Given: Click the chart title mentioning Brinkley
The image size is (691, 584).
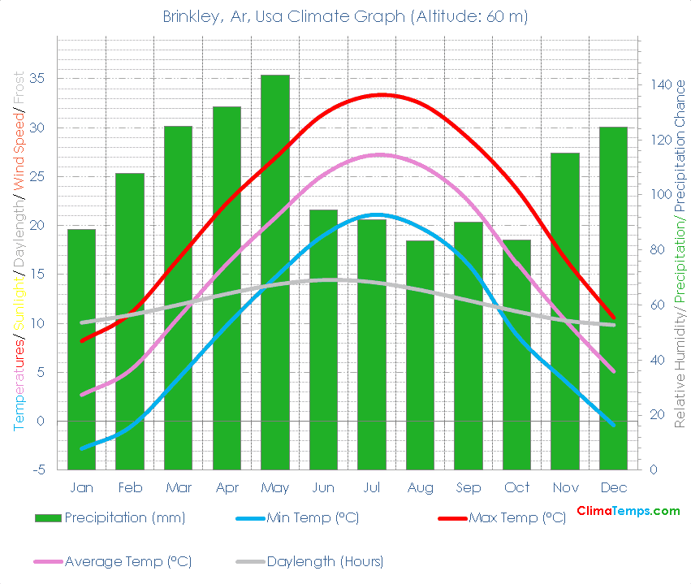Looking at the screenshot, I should click(345, 17).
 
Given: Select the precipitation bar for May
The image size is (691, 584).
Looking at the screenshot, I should click(274, 272).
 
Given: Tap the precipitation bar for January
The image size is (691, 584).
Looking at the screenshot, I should click(81, 349).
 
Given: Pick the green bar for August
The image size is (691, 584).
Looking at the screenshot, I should click(420, 355).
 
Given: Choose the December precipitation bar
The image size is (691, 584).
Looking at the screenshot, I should click(613, 298).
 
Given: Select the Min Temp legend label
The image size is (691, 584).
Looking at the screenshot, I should click(312, 517).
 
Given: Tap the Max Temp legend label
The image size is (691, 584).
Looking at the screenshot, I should click(516, 517).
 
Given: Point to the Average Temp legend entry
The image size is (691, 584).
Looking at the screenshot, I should click(127, 561).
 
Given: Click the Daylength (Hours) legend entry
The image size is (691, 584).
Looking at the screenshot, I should click(324, 561).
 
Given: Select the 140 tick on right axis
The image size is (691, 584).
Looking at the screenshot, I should click(659, 84).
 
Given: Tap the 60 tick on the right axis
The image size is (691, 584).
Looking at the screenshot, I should click(656, 305).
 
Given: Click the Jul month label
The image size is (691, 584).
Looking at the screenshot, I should click(372, 488).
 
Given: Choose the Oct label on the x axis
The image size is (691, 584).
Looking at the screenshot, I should click(516, 488).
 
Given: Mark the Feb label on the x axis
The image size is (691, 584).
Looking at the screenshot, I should click(130, 488).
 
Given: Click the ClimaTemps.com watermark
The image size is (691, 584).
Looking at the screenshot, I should click(628, 511).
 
